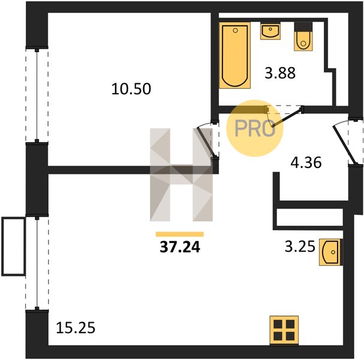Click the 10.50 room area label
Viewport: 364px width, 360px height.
point(131,89)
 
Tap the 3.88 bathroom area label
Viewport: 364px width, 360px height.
point(280,73)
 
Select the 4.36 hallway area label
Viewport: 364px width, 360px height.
point(306,163)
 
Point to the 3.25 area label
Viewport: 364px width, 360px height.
point(300,247)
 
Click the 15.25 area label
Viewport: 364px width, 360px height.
point(76,328)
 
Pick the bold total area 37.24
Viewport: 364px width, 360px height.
point(180,247)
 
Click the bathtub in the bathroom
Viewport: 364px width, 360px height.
point(234,55)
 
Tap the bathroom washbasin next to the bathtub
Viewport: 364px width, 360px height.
point(270,31)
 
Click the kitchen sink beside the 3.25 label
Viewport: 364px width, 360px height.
point(331,252)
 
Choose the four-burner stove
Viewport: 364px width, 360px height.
point(284,330)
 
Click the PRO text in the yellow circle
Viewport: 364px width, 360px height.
point(255,128)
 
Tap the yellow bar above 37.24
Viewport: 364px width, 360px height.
point(180,234)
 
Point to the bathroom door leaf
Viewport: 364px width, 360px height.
point(287,117)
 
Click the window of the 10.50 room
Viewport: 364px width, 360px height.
point(37,95)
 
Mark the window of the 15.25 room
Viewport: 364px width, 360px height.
point(37,263)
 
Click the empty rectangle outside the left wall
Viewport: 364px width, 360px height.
point(13,247)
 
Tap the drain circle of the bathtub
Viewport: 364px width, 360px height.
point(235,31)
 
